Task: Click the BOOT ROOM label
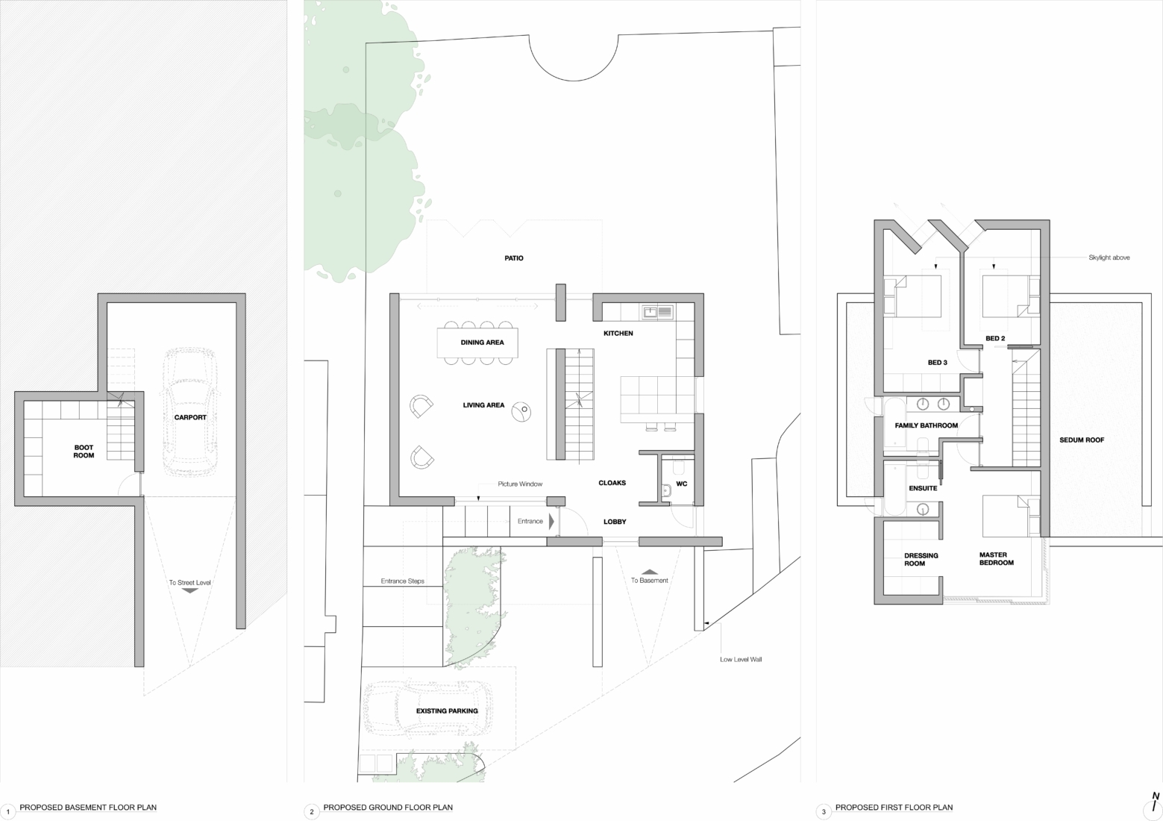click(84, 452)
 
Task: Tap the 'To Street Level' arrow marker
click(189, 590)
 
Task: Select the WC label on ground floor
click(681, 484)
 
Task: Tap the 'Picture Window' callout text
click(520, 484)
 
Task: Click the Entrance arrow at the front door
click(551, 521)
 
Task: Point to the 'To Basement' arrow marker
click(650, 572)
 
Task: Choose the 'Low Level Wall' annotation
click(740, 659)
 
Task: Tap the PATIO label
click(513, 258)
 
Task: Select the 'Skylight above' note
click(1109, 257)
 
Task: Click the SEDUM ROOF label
click(1081, 440)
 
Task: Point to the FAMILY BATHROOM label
click(926, 425)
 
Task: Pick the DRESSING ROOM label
click(921, 560)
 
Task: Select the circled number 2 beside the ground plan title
click(311, 812)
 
